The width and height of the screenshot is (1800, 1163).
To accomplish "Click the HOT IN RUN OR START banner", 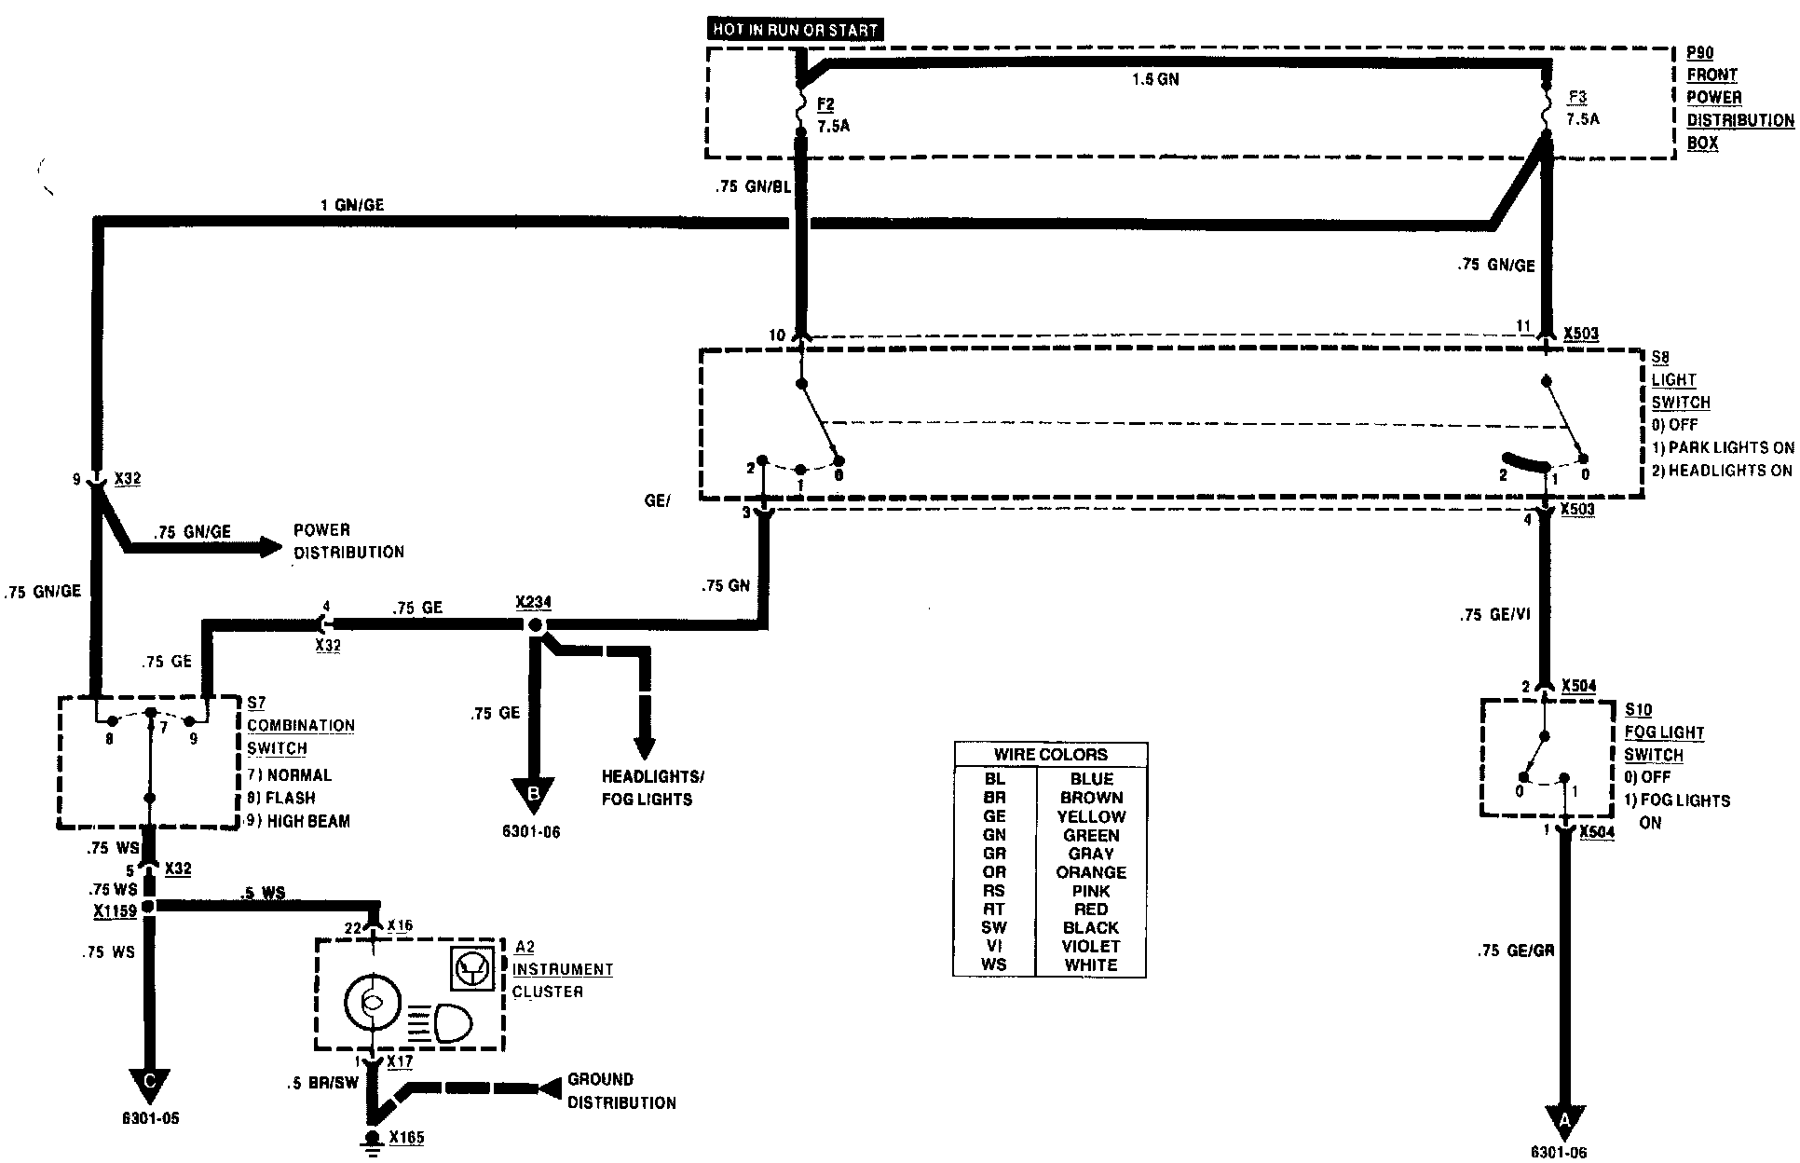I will click(795, 30).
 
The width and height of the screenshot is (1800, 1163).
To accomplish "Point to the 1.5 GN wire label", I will click(1155, 80).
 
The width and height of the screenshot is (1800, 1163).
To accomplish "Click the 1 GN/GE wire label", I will click(352, 204).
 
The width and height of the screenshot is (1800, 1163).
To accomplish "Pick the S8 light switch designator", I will click(1661, 357).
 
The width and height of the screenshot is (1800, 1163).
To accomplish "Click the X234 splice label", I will click(533, 602).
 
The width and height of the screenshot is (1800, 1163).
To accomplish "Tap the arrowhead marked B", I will click(534, 795).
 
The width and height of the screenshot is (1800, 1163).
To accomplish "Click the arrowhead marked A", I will click(1564, 1118).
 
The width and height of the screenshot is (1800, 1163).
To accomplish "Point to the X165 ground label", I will click(406, 1137).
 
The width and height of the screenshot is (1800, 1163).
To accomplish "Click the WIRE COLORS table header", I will click(1050, 754).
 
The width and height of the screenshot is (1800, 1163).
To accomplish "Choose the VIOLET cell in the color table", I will click(1090, 946).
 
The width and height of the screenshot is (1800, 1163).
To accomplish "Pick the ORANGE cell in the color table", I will click(1090, 872).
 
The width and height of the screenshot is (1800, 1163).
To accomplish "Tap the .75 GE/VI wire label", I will click(1495, 615).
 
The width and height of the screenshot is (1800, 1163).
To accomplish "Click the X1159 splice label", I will click(115, 910).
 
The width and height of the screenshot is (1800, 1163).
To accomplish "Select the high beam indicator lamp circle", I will click(372, 1002).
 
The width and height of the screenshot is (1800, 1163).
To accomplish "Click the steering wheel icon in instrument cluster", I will click(469, 969).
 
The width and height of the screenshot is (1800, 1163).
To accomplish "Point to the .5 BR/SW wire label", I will click(323, 1084).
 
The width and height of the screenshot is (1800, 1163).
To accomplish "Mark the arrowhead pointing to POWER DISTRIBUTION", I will click(270, 547).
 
